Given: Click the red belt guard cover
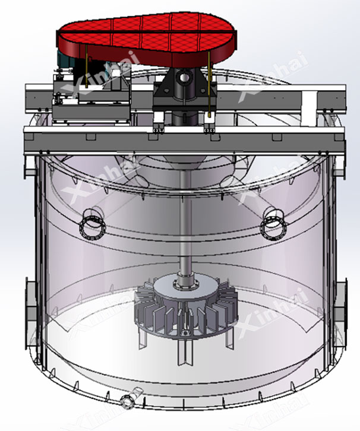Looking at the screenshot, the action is [x=146, y=39].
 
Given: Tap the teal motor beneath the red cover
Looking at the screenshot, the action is [x=65, y=59].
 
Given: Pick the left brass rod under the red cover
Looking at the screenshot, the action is [x=86, y=67].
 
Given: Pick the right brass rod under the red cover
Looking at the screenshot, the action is [x=210, y=84].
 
